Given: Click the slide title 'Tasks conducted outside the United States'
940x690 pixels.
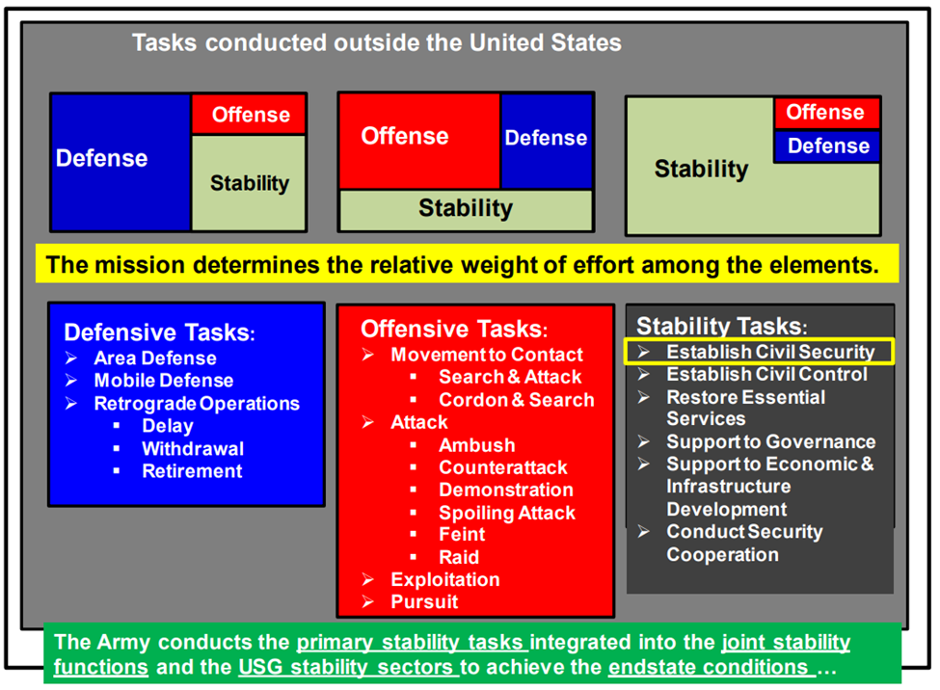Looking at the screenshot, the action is (x=376, y=43).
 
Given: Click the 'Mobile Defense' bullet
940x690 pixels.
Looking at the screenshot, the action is (x=164, y=381).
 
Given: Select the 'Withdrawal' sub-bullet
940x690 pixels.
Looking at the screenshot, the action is (x=193, y=449).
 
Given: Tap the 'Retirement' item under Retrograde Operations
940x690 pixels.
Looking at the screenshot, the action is (x=192, y=471).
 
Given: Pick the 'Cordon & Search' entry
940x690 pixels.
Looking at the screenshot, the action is (x=516, y=400).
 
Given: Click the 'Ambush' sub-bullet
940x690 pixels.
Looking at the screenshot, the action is (x=476, y=445).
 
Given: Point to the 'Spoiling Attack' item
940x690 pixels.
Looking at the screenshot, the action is (x=507, y=513).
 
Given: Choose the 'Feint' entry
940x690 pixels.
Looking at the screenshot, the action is (x=462, y=534).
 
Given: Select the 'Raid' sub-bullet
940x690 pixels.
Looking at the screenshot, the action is (x=459, y=558).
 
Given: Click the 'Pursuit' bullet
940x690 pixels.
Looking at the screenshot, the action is (x=424, y=602).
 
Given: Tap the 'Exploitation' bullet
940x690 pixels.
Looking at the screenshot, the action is (x=445, y=580).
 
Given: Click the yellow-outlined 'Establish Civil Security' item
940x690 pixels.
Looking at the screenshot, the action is (x=759, y=352).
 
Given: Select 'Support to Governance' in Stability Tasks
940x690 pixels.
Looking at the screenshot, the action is (x=771, y=441).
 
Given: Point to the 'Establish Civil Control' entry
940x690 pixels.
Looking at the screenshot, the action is (x=766, y=375).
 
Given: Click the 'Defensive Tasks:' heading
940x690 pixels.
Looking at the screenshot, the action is (x=159, y=332).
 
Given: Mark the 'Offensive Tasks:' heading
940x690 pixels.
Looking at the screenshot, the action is (x=454, y=330).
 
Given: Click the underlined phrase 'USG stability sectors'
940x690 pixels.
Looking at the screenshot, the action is (x=348, y=667).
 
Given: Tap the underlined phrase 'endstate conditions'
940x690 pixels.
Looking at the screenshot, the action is (x=712, y=667).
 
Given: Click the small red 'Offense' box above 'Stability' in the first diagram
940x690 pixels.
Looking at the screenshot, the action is (x=249, y=114).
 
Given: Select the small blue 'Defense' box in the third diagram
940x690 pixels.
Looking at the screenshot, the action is (x=827, y=146).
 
